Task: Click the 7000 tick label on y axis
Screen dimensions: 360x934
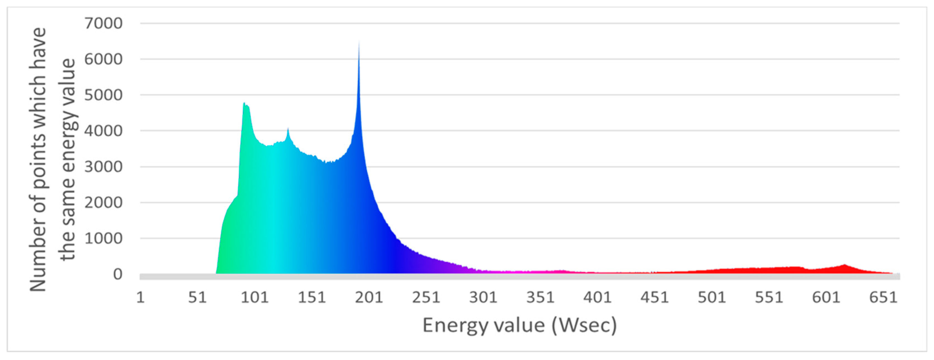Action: click(x=103, y=24)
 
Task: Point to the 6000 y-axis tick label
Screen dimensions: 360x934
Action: click(x=103, y=59)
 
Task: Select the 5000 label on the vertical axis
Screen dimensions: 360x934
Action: click(x=103, y=95)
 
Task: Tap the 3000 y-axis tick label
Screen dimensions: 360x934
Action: click(x=103, y=167)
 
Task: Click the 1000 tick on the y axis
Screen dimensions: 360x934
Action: click(x=103, y=239)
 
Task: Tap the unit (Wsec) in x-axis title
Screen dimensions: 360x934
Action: click(x=584, y=325)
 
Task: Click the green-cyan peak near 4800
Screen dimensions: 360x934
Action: click(x=244, y=103)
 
